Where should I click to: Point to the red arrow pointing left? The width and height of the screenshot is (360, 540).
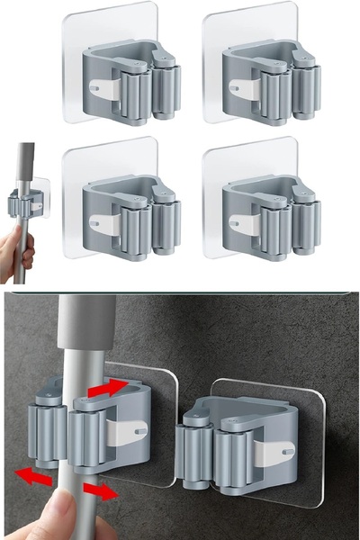[x=34, y=476]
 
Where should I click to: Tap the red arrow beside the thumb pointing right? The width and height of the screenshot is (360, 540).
[x=100, y=491]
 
